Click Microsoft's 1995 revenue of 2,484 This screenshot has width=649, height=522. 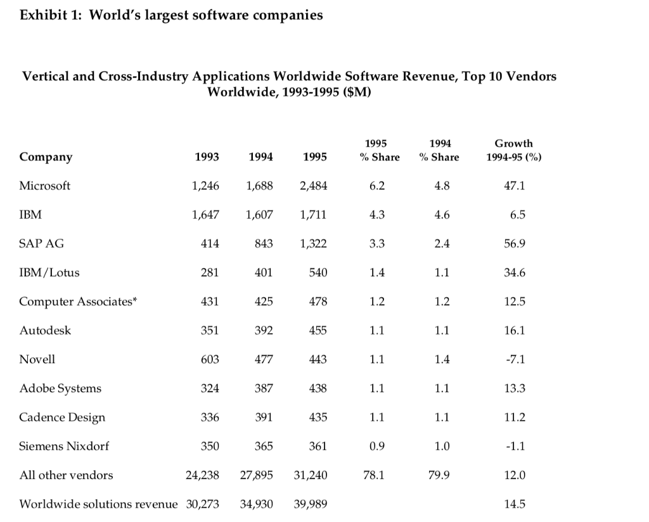pos(313,186)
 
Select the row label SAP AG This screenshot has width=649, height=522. pos(41,244)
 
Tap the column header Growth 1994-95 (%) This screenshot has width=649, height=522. pos(513,150)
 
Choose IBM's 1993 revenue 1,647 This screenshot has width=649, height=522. pos(205,215)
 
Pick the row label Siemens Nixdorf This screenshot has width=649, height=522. pos(64,446)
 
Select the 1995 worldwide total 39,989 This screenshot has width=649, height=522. pos(311,504)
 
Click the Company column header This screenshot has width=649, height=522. pos(46,157)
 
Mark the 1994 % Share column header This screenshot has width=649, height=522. pos(440,150)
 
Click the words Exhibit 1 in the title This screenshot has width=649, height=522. pos(49,15)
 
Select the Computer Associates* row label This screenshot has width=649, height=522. pos(78,302)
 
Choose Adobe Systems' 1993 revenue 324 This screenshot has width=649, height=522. pos(209,388)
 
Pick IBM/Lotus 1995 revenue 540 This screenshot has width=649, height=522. pos(318,272)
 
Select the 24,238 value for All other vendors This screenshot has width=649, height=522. pos(202,475)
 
